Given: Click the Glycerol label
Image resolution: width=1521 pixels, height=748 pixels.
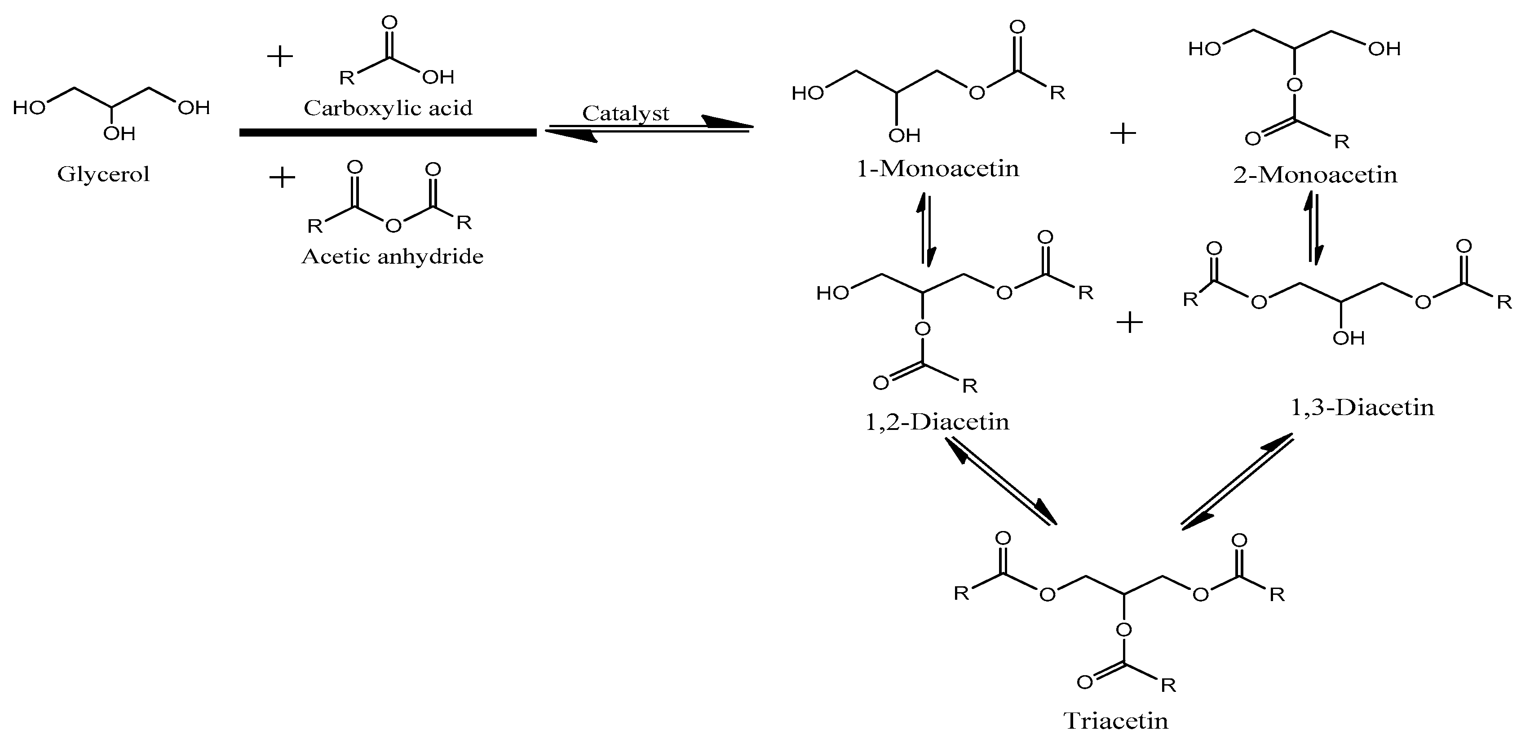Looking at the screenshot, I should [x=103, y=175].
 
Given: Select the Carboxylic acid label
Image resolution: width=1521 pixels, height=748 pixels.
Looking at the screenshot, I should [x=388, y=108].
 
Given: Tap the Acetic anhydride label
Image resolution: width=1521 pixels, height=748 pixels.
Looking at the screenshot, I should [x=392, y=256].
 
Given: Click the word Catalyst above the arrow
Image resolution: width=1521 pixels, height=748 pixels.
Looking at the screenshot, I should [x=625, y=113].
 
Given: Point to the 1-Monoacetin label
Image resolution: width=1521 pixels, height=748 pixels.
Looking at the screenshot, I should [x=937, y=169].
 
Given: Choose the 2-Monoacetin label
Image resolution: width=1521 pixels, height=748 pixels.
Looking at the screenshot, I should [x=1315, y=175].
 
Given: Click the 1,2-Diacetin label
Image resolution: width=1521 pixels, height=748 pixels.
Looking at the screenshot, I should [x=937, y=421].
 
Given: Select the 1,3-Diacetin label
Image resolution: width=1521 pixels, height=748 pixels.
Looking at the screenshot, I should [x=1362, y=407].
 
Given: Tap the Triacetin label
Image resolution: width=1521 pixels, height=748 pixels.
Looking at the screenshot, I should [x=1116, y=721].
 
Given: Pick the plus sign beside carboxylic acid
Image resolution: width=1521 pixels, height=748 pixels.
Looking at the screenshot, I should [x=280, y=57].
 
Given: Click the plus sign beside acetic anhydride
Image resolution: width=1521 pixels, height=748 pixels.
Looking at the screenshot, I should [x=282, y=177].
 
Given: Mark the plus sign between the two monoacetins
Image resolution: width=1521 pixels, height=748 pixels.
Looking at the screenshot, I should [x=1123, y=133].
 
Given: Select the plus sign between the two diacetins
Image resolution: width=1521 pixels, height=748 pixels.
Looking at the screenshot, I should [x=1130, y=323].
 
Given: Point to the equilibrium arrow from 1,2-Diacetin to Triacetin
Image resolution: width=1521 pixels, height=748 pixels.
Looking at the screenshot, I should [x=1001, y=480].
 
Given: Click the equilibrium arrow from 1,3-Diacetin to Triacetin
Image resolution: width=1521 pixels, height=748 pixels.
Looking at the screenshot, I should [x=1237, y=481].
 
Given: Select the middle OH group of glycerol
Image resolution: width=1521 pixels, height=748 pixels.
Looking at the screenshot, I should [x=119, y=134].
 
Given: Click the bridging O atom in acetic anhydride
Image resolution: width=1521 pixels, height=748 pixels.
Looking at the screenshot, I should [x=393, y=225].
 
